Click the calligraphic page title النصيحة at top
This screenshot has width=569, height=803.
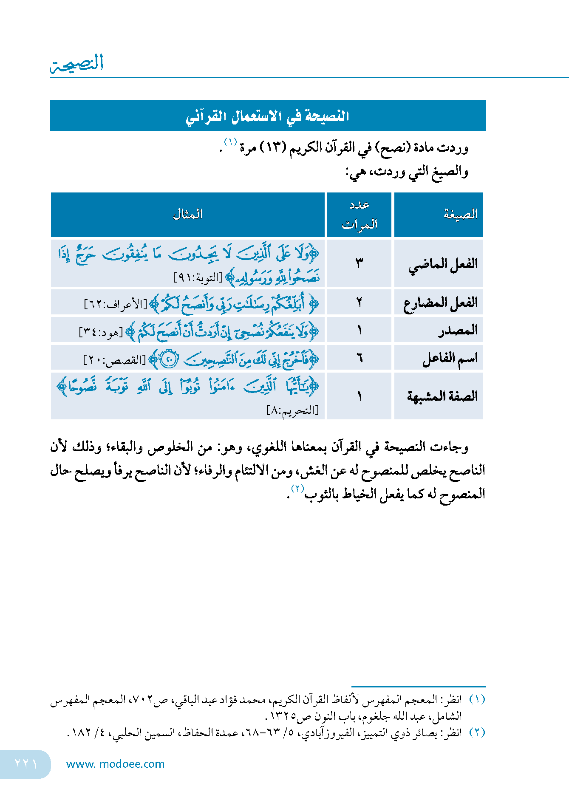pos(77,63)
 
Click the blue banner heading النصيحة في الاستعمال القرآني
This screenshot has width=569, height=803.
pos(268,116)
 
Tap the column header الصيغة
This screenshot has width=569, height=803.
pos(461,214)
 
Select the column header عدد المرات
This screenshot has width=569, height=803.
pos(360,215)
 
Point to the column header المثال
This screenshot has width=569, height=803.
pos(188,215)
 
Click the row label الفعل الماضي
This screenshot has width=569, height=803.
pos(443,264)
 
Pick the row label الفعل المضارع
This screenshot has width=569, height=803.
pos(441,303)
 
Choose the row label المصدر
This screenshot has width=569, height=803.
pos(458,330)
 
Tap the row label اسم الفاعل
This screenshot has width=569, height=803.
pos(450,358)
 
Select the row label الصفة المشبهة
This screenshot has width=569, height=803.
pos(442,396)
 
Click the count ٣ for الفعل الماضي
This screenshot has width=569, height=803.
pos(360,264)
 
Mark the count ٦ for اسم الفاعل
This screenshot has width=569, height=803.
pos(360,358)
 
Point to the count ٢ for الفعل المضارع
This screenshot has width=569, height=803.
pos(360,303)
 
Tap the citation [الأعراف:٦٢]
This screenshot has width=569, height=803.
pos(116,304)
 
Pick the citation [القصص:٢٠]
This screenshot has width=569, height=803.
pos(114,360)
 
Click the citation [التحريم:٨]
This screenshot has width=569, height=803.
pos(292,410)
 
